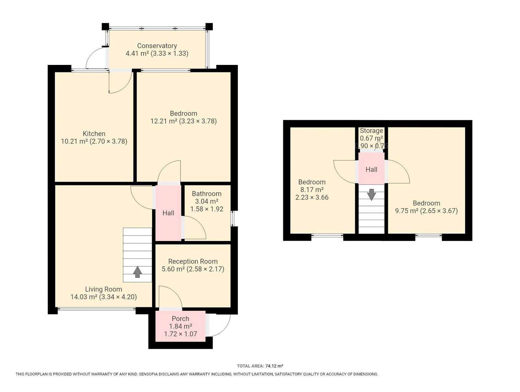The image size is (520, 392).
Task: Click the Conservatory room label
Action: [157, 46]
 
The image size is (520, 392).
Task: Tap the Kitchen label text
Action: [94, 133]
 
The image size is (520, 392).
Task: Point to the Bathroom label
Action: [207, 194]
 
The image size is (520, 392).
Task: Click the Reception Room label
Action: [193, 261]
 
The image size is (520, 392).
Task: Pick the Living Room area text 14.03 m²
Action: [84, 297]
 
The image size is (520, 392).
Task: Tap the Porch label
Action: [180, 319]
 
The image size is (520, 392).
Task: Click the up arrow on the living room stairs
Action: [137, 272]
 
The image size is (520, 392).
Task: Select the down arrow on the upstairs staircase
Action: [371, 195]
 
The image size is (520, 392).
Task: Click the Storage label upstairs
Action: [371, 131]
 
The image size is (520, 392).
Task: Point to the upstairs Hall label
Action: [371, 170]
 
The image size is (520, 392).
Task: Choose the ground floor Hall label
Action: [168, 213]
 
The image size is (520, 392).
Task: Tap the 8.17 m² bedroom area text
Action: [312, 190]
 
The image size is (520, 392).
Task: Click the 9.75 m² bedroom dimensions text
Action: [439, 211]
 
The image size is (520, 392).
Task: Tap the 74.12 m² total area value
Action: [274, 366]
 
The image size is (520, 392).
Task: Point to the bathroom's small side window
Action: [232, 219]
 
